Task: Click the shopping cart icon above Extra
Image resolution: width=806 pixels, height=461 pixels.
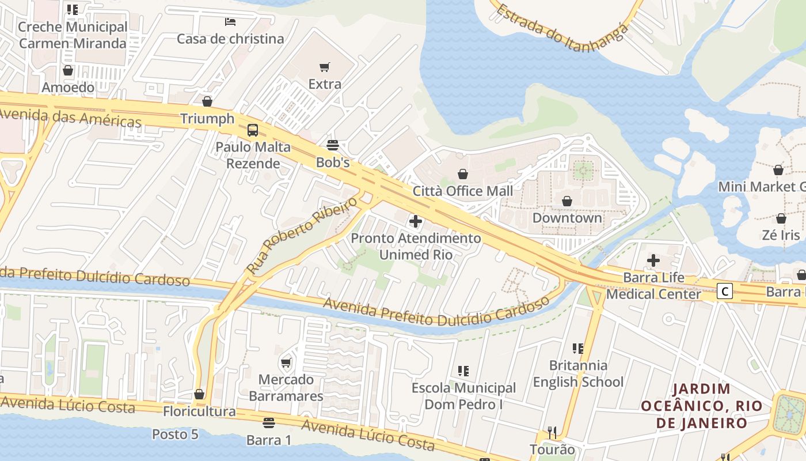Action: (325, 67)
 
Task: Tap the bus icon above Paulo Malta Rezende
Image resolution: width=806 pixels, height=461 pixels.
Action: (253, 130)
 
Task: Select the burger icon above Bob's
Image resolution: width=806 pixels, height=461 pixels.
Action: (333, 145)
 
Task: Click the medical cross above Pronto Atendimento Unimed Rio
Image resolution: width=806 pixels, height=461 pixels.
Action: (415, 221)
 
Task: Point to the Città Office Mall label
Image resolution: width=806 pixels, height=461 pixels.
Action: (463, 191)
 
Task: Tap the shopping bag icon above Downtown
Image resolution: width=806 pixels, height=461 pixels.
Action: (567, 201)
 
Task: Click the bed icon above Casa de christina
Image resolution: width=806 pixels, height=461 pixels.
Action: (230, 22)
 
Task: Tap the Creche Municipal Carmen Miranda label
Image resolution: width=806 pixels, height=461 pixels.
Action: (73, 35)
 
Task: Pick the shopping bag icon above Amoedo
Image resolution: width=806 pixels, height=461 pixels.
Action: (68, 70)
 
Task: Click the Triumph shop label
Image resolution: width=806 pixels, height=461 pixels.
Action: (207, 119)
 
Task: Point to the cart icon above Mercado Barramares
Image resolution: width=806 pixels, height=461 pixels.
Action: (286, 362)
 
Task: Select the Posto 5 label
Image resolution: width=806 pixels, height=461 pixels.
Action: (175, 434)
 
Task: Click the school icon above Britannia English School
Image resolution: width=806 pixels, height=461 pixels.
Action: (578, 348)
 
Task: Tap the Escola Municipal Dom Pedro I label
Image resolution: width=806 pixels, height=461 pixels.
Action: (463, 396)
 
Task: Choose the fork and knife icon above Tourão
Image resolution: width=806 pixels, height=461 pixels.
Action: (552, 432)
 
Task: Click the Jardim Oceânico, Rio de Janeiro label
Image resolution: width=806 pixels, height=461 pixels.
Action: (702, 406)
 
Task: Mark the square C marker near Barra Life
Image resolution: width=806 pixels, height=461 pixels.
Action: (725, 291)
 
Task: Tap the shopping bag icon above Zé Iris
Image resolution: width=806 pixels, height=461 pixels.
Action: (781, 218)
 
